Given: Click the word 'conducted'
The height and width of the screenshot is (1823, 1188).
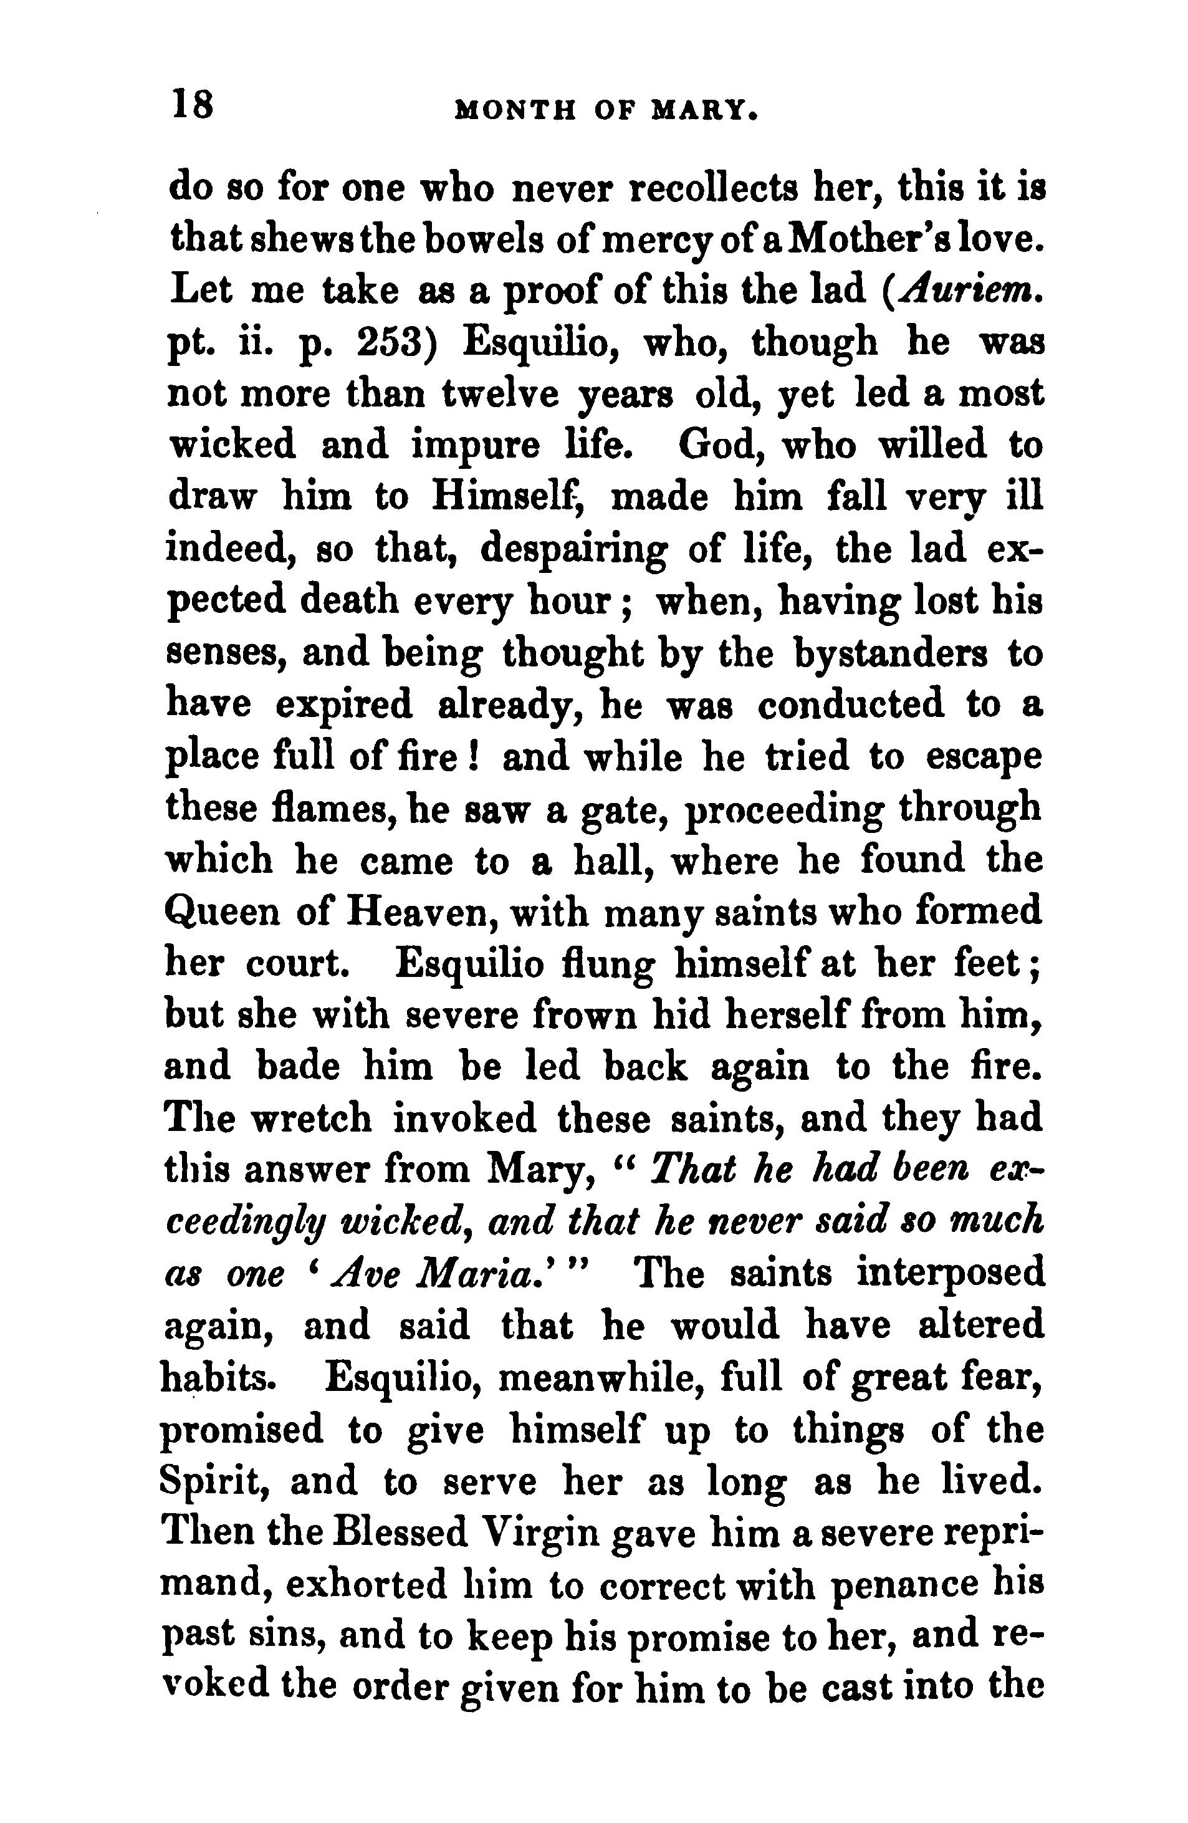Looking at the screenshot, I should click(851, 706).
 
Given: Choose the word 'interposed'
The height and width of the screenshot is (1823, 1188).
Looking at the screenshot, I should click(951, 1274).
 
